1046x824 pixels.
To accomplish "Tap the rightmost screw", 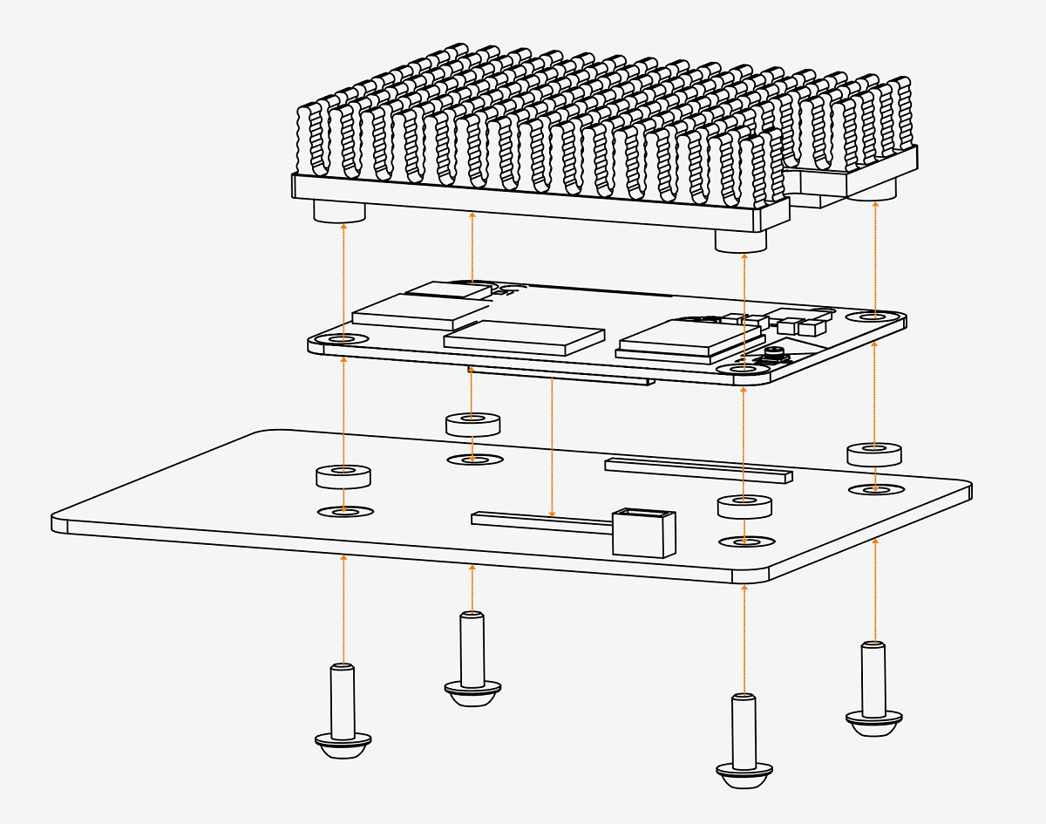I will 873,689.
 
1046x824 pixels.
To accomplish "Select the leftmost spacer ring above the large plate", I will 343,476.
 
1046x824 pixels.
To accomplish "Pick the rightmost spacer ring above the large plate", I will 873,453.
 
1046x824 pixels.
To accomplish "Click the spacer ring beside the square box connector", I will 744,506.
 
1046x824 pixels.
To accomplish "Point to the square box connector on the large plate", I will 644,532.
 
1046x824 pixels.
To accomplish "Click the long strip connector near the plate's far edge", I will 698,471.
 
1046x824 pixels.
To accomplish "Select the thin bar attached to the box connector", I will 540,521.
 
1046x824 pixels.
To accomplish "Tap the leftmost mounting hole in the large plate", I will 345,511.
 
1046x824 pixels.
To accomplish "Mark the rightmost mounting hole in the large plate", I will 875,489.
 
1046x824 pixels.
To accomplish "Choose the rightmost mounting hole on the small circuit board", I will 874,316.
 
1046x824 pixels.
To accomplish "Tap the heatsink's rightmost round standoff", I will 873,189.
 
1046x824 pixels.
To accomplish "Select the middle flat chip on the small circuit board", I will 524,337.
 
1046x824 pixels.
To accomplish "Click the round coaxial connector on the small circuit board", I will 772,353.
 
